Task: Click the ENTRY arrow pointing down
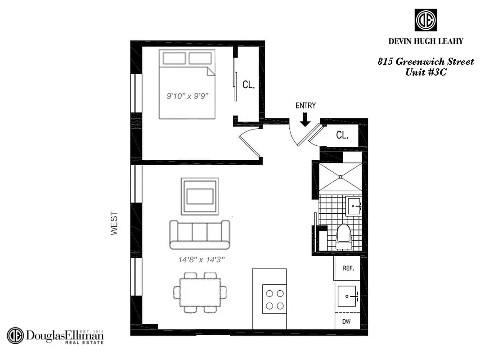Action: click(x=305, y=120)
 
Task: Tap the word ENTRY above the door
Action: click(x=305, y=106)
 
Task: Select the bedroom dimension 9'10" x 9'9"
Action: click(x=187, y=96)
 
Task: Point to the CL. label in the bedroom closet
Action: click(x=249, y=85)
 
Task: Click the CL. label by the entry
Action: click(x=342, y=135)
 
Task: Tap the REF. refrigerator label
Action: click(x=348, y=268)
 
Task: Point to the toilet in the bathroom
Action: click(x=344, y=236)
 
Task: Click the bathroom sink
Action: click(x=354, y=206)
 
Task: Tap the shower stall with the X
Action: click(x=340, y=177)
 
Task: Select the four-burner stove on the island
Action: click(x=274, y=299)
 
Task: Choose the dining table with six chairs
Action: click(x=200, y=292)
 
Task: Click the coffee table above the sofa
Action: click(x=200, y=197)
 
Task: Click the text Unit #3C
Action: click(x=426, y=72)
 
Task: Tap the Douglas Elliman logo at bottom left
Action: click(x=55, y=336)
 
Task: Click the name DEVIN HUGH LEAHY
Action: click(x=426, y=41)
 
